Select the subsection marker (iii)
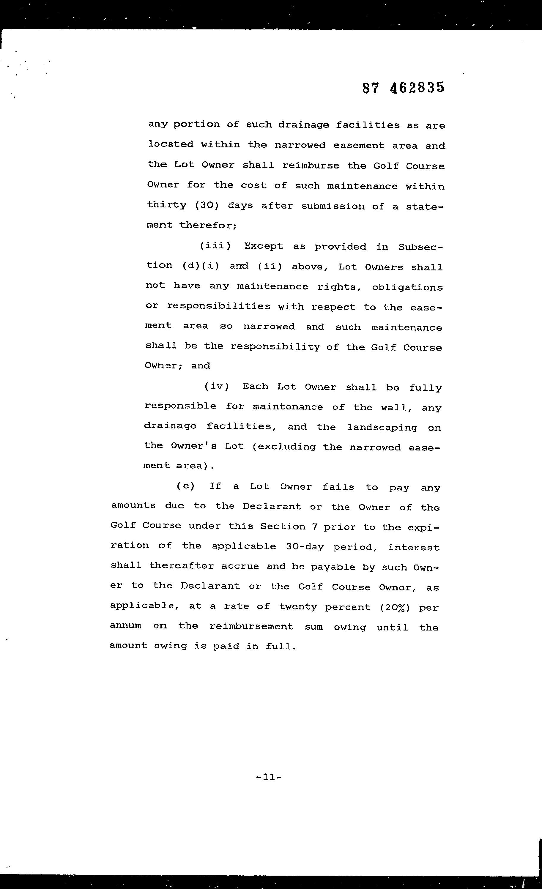click(215, 246)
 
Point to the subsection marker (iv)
click(217, 386)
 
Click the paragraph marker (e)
click(185, 486)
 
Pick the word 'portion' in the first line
click(196, 125)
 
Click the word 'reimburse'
click(311, 165)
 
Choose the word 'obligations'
click(407, 287)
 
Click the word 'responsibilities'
click(219, 306)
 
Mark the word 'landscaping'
click(382, 428)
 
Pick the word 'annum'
click(126, 626)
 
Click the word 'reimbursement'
click(251, 626)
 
